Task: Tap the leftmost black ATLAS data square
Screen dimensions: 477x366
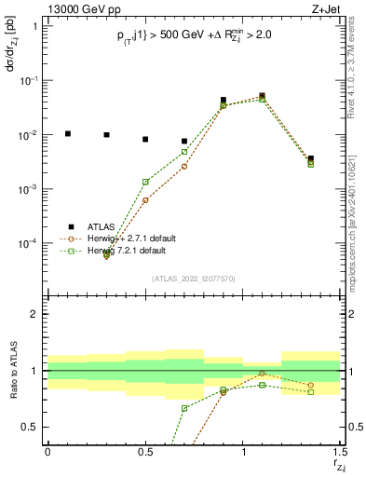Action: [x=67, y=134]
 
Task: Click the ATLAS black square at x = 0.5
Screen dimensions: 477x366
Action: [x=145, y=140]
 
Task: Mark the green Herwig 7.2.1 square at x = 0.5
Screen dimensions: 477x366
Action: [x=145, y=182]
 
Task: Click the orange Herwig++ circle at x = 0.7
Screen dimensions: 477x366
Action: [x=184, y=166]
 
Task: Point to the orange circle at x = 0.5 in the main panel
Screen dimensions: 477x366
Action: [x=145, y=200]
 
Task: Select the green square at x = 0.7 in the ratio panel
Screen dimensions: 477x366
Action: [x=184, y=408]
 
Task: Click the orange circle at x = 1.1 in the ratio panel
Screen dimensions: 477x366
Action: [x=263, y=374]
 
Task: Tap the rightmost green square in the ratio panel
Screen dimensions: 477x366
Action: [x=311, y=391]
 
